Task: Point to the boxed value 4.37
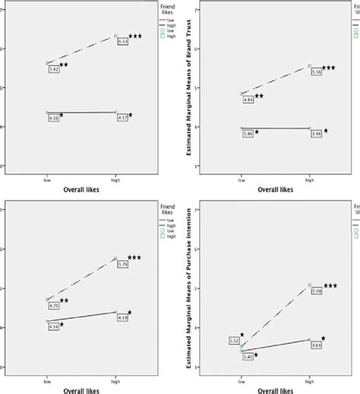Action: point(122,118)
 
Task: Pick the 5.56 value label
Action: point(317,71)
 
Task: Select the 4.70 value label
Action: point(54,305)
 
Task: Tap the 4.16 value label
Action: point(53,326)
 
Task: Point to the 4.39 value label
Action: point(122,317)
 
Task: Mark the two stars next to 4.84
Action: point(259,96)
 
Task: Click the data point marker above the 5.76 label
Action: point(115,258)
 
